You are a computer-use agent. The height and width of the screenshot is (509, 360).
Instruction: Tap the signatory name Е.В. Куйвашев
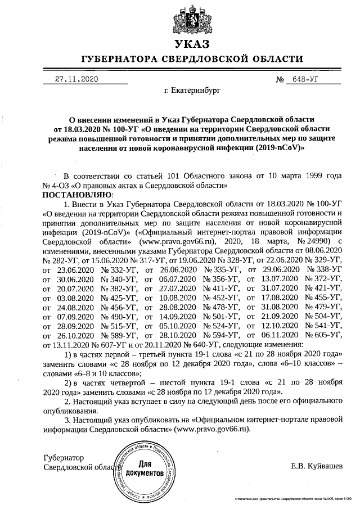[316, 466]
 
